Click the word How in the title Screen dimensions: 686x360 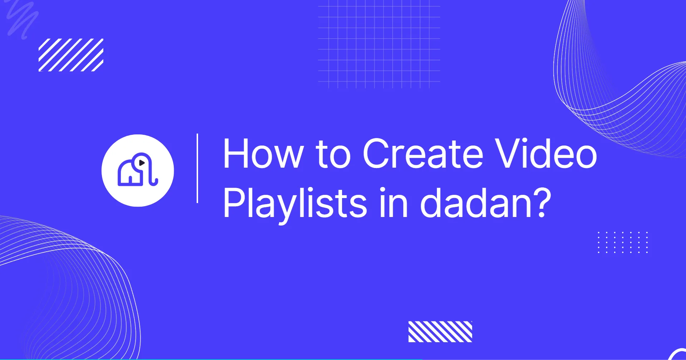[x=263, y=153]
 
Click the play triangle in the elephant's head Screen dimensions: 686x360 [x=142, y=163]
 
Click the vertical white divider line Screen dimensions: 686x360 [x=197, y=168]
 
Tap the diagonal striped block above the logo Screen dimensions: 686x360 [x=71, y=55]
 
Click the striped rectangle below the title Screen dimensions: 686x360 [x=440, y=332]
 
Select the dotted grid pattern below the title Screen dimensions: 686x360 [x=622, y=242]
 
